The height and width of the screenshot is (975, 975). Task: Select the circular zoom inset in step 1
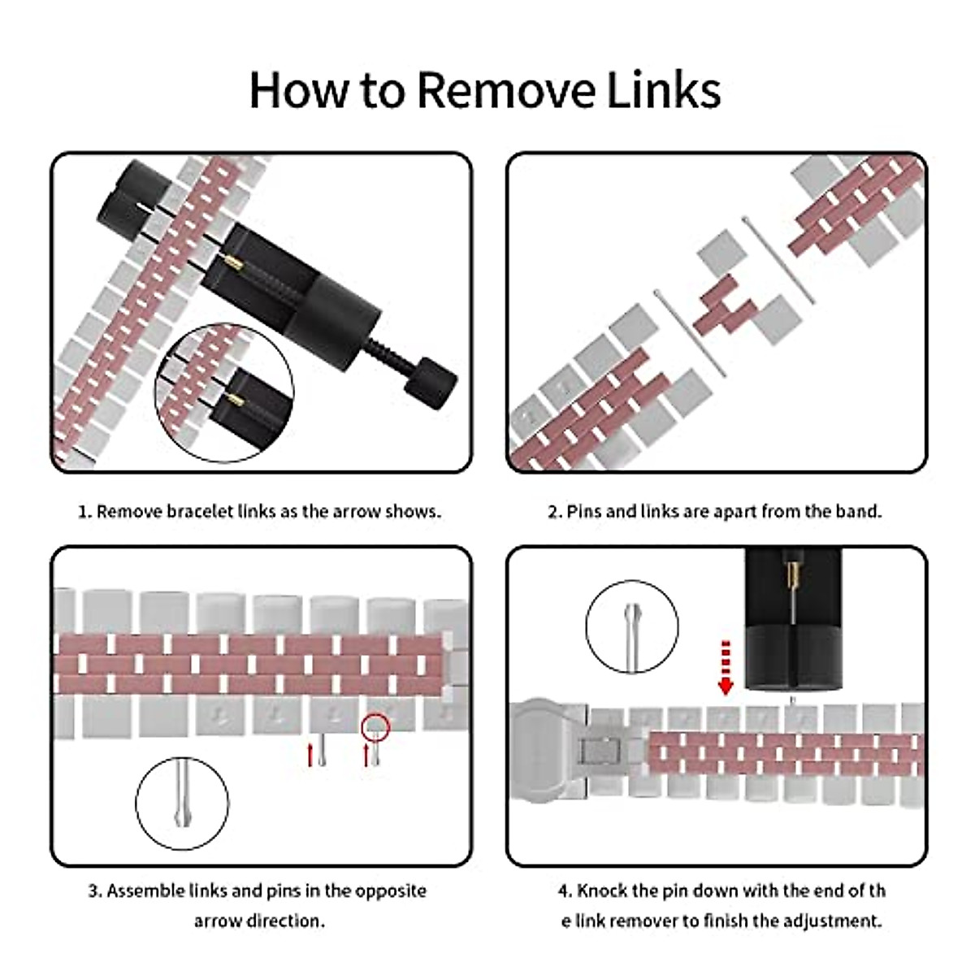[x=224, y=393]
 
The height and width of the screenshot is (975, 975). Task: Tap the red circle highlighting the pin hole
[x=376, y=725]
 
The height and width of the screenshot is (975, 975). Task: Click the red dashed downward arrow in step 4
[x=726, y=667]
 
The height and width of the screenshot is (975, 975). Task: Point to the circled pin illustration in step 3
[x=182, y=802]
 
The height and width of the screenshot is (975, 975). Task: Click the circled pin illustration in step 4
[x=631, y=627]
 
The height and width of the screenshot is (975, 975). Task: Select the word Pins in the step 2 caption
[x=584, y=512]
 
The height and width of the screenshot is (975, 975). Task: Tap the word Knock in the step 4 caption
[x=602, y=891]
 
